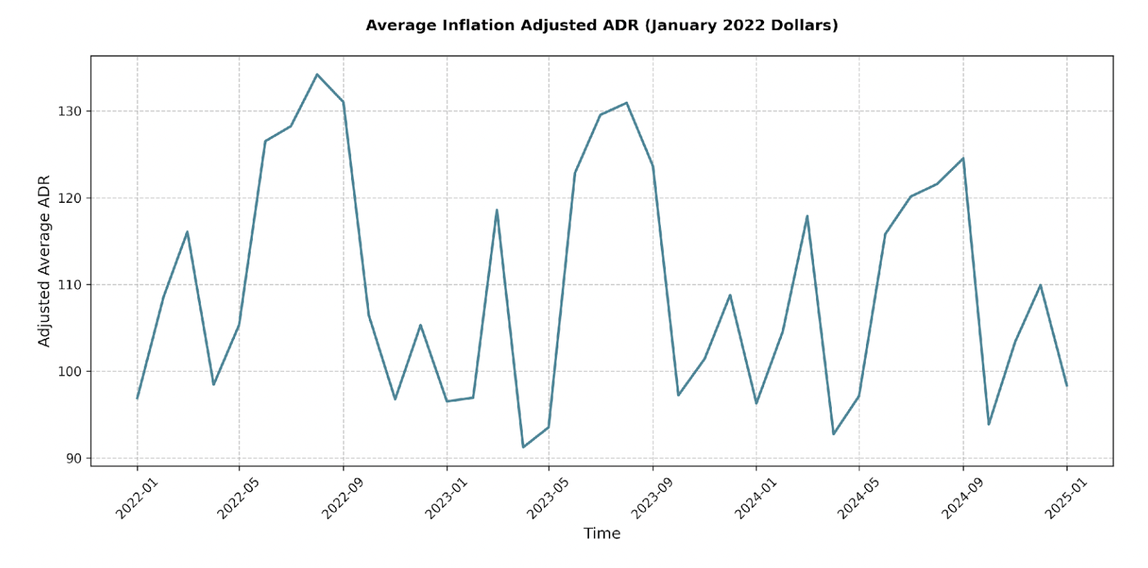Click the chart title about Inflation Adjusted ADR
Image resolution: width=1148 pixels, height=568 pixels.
(x=602, y=26)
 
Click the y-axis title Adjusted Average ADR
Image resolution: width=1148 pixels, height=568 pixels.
(x=44, y=261)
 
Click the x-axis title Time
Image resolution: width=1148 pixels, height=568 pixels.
(x=602, y=533)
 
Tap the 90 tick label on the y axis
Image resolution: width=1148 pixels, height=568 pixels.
(x=74, y=458)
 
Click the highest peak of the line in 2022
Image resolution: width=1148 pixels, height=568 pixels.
(x=317, y=74)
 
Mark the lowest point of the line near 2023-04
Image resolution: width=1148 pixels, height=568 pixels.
(x=523, y=447)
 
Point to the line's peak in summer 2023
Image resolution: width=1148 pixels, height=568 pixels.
(x=627, y=102)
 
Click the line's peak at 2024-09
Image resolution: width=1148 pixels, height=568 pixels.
(x=963, y=158)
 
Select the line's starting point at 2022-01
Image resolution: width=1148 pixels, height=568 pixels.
(x=137, y=398)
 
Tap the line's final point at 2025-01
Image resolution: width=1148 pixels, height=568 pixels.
(x=1066, y=386)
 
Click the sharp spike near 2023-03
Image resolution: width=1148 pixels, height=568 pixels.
(x=496, y=210)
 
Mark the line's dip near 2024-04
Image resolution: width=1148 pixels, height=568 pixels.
(x=833, y=433)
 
